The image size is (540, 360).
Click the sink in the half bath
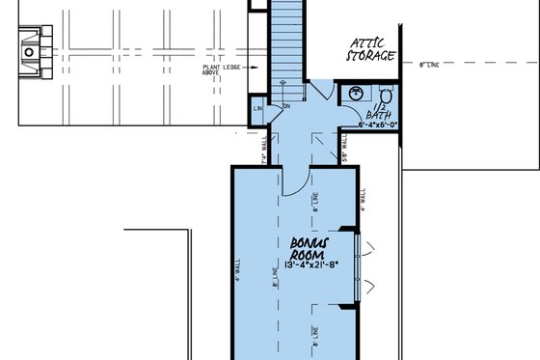pos(356,93)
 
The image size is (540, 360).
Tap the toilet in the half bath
pos(384,95)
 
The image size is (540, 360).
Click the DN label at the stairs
pos(286,107)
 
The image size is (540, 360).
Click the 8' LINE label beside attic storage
pos(431,65)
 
